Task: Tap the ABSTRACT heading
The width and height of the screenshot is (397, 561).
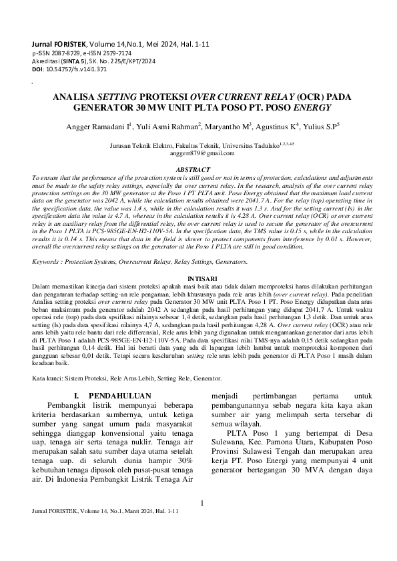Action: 198,170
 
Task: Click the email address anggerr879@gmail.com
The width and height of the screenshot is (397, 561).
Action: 198,153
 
